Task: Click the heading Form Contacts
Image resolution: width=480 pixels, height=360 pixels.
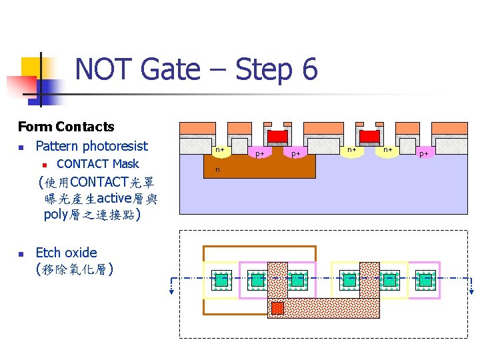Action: click(66, 127)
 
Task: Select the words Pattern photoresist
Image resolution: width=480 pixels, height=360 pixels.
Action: click(91, 146)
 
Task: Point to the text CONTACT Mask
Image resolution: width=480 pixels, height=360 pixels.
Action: click(98, 164)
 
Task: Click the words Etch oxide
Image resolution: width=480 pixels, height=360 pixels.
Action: click(66, 253)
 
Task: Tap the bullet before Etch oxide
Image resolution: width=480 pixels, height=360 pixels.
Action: click(21, 254)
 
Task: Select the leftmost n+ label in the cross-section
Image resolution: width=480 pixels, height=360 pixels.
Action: click(219, 150)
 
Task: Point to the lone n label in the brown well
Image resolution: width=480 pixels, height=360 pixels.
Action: click(217, 170)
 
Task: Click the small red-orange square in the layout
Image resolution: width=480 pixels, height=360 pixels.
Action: click(277, 308)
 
